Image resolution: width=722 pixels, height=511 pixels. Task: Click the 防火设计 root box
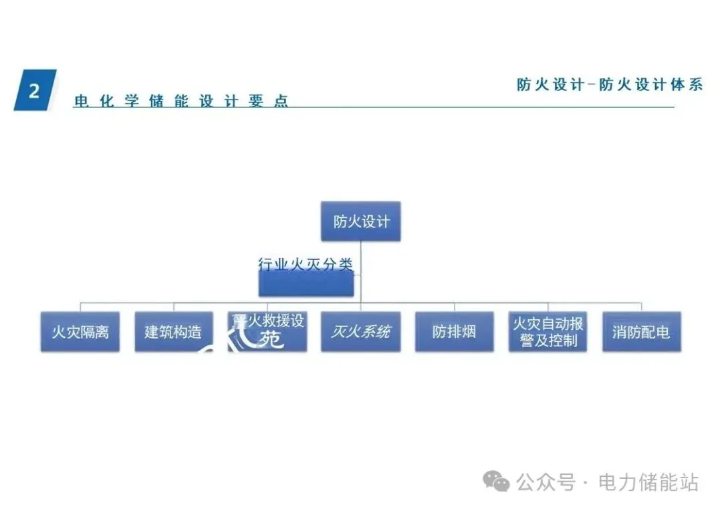click(x=360, y=221)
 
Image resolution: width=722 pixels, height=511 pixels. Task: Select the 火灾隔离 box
click(x=80, y=332)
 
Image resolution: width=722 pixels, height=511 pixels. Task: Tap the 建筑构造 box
click(x=173, y=332)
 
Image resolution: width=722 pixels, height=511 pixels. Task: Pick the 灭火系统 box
click(x=360, y=332)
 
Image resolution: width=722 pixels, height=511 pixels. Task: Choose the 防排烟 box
click(x=454, y=332)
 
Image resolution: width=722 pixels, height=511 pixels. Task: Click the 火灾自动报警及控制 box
click(x=548, y=332)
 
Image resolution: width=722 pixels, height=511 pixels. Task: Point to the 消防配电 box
click(x=641, y=332)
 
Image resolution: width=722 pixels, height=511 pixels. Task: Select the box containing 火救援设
click(x=267, y=332)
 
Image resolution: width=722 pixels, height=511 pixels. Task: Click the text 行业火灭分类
click(x=306, y=264)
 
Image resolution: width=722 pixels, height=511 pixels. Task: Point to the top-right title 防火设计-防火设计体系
click(x=610, y=85)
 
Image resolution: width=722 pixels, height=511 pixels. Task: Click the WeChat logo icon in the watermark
click(x=497, y=481)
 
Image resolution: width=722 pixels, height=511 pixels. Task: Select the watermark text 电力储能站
click(x=648, y=482)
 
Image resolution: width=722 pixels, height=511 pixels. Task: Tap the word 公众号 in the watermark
click(x=546, y=482)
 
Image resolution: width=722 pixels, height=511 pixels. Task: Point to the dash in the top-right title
click(x=592, y=85)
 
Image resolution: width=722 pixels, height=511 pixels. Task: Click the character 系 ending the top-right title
click(x=695, y=85)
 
